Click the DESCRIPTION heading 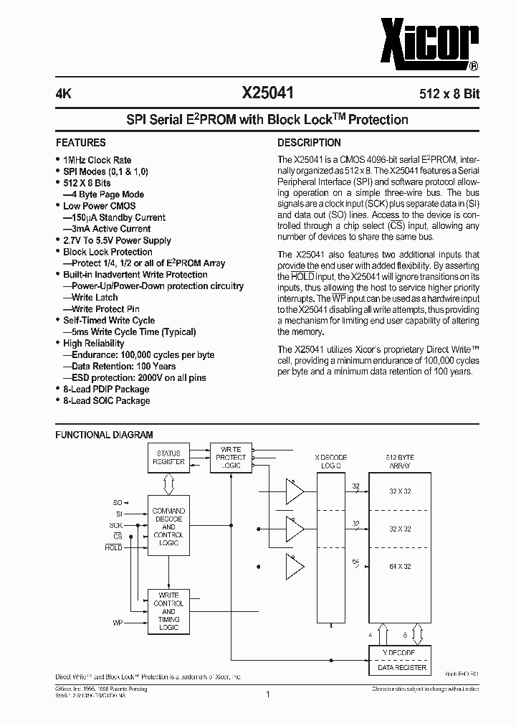309,142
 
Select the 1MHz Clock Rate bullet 97,160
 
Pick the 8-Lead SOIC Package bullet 106,400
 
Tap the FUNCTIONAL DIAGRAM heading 105,435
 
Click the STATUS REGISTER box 168,458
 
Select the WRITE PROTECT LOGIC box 231,458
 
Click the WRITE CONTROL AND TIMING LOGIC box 168,610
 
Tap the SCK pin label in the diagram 117,525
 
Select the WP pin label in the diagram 117,622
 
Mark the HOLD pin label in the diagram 113,547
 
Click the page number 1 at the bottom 267,694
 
